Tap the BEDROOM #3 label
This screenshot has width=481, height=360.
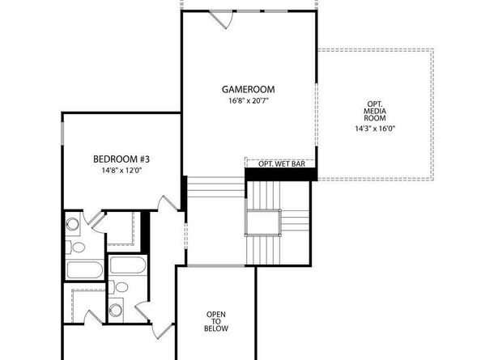121,159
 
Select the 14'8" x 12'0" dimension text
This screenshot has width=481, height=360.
121,171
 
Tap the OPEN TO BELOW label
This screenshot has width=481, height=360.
217,321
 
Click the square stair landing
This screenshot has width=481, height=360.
263,222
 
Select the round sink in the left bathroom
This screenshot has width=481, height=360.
72,224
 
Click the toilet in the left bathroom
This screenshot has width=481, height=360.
78,247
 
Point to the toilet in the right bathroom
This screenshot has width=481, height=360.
120,286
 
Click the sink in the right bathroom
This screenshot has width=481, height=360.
116,308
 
